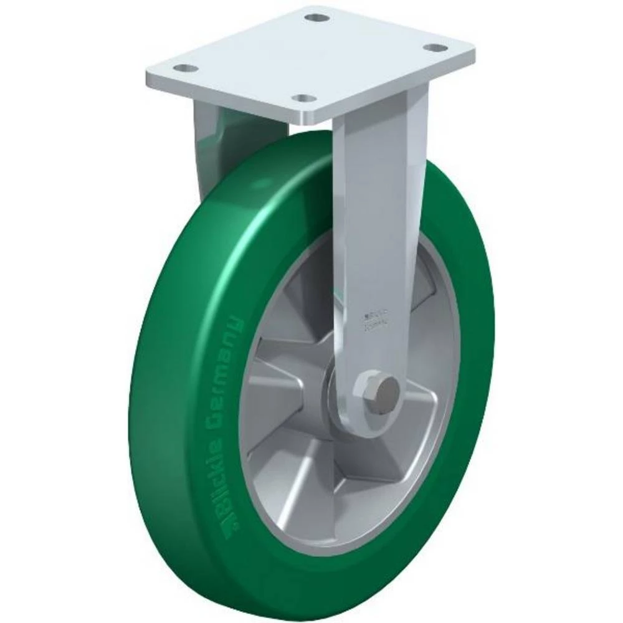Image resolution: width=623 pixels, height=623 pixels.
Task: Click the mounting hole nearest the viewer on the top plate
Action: coord(303,99)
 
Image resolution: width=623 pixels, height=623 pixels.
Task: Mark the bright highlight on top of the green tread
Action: coord(249,206)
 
